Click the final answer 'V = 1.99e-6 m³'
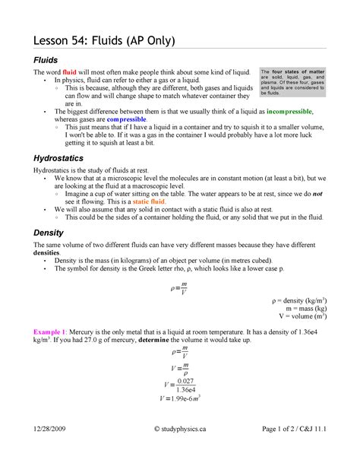pos(180,397)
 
